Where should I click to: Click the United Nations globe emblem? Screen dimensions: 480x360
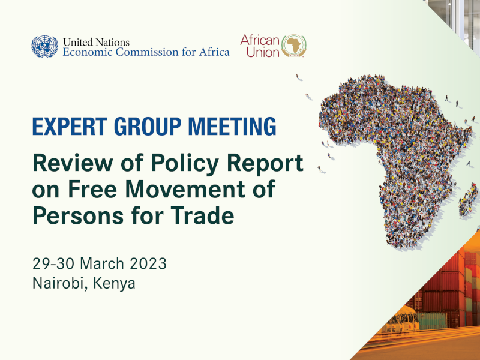pos(44,47)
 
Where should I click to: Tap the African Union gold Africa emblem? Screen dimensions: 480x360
pos(294,46)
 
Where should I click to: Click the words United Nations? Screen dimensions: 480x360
pos(96,42)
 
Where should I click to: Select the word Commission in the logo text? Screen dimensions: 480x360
pos(146,52)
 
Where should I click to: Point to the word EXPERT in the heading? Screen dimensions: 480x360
pos(70,126)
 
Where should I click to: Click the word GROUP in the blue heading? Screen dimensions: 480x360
pos(148,126)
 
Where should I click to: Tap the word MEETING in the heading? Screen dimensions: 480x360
pos(232,126)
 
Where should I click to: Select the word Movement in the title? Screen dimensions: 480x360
pos(185,189)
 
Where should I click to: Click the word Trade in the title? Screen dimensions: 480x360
pos(202,215)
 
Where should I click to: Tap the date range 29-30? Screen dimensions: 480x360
pos(53,263)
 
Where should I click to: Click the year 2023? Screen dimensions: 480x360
pos(148,263)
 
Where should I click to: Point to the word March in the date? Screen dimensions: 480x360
pos(102,263)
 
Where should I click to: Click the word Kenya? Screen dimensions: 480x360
pos(114,284)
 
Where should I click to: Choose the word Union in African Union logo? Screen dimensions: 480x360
pos(263,52)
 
